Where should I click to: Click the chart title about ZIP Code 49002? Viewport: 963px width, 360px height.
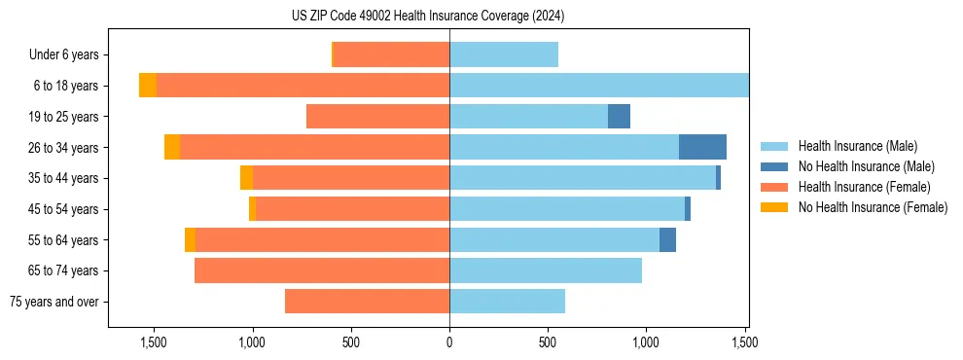click(x=428, y=16)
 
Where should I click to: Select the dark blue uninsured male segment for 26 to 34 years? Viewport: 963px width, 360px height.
click(x=702, y=147)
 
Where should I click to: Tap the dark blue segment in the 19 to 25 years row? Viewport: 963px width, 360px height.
click(x=619, y=117)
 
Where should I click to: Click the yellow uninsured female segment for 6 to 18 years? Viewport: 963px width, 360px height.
click(x=148, y=86)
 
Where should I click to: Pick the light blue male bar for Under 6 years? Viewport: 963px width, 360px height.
click(x=504, y=54)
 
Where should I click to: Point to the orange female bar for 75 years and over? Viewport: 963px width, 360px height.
click(x=367, y=302)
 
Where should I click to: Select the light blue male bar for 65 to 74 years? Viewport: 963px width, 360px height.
click(x=546, y=270)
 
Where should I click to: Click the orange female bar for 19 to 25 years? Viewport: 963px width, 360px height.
click(x=377, y=117)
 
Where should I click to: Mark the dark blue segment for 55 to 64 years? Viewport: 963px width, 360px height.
click(x=667, y=239)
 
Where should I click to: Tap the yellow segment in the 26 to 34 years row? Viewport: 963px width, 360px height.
click(x=172, y=147)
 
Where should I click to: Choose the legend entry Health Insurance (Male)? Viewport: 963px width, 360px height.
click(x=857, y=146)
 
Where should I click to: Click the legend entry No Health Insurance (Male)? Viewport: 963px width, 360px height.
click(x=866, y=166)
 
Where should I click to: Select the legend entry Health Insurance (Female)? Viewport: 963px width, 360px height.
click(x=864, y=187)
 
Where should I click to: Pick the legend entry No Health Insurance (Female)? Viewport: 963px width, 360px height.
click(x=873, y=207)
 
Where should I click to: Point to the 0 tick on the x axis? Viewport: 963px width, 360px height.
click(x=449, y=342)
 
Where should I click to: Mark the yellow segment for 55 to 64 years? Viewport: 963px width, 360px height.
click(x=191, y=239)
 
